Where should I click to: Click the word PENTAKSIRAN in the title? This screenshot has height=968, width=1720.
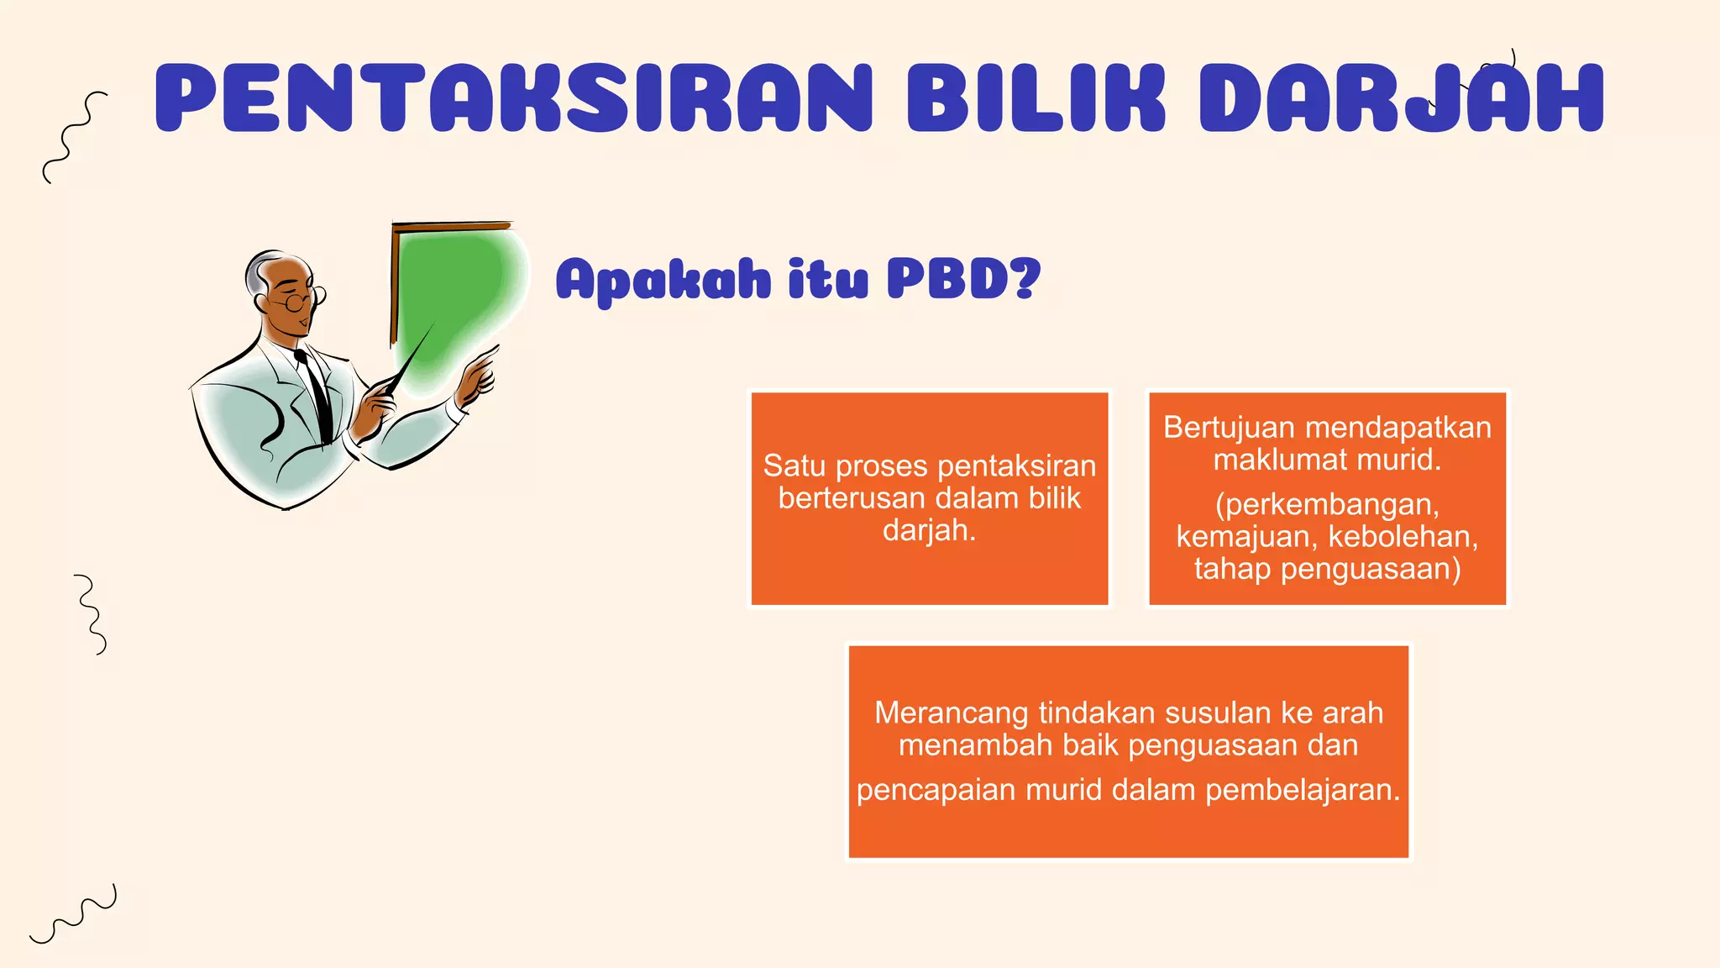(512, 98)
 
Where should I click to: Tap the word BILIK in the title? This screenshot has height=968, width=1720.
(1036, 98)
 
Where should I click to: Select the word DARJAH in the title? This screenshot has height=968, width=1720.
(1401, 98)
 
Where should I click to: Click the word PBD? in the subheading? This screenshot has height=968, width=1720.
(964, 279)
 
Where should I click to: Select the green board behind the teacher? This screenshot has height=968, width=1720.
(454, 294)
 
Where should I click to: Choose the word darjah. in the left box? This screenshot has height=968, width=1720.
(929, 530)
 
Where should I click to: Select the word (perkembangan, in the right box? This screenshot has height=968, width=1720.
(1327, 504)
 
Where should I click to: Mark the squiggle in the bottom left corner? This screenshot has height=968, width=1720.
(74, 914)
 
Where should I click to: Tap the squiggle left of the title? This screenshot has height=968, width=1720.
(74, 137)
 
